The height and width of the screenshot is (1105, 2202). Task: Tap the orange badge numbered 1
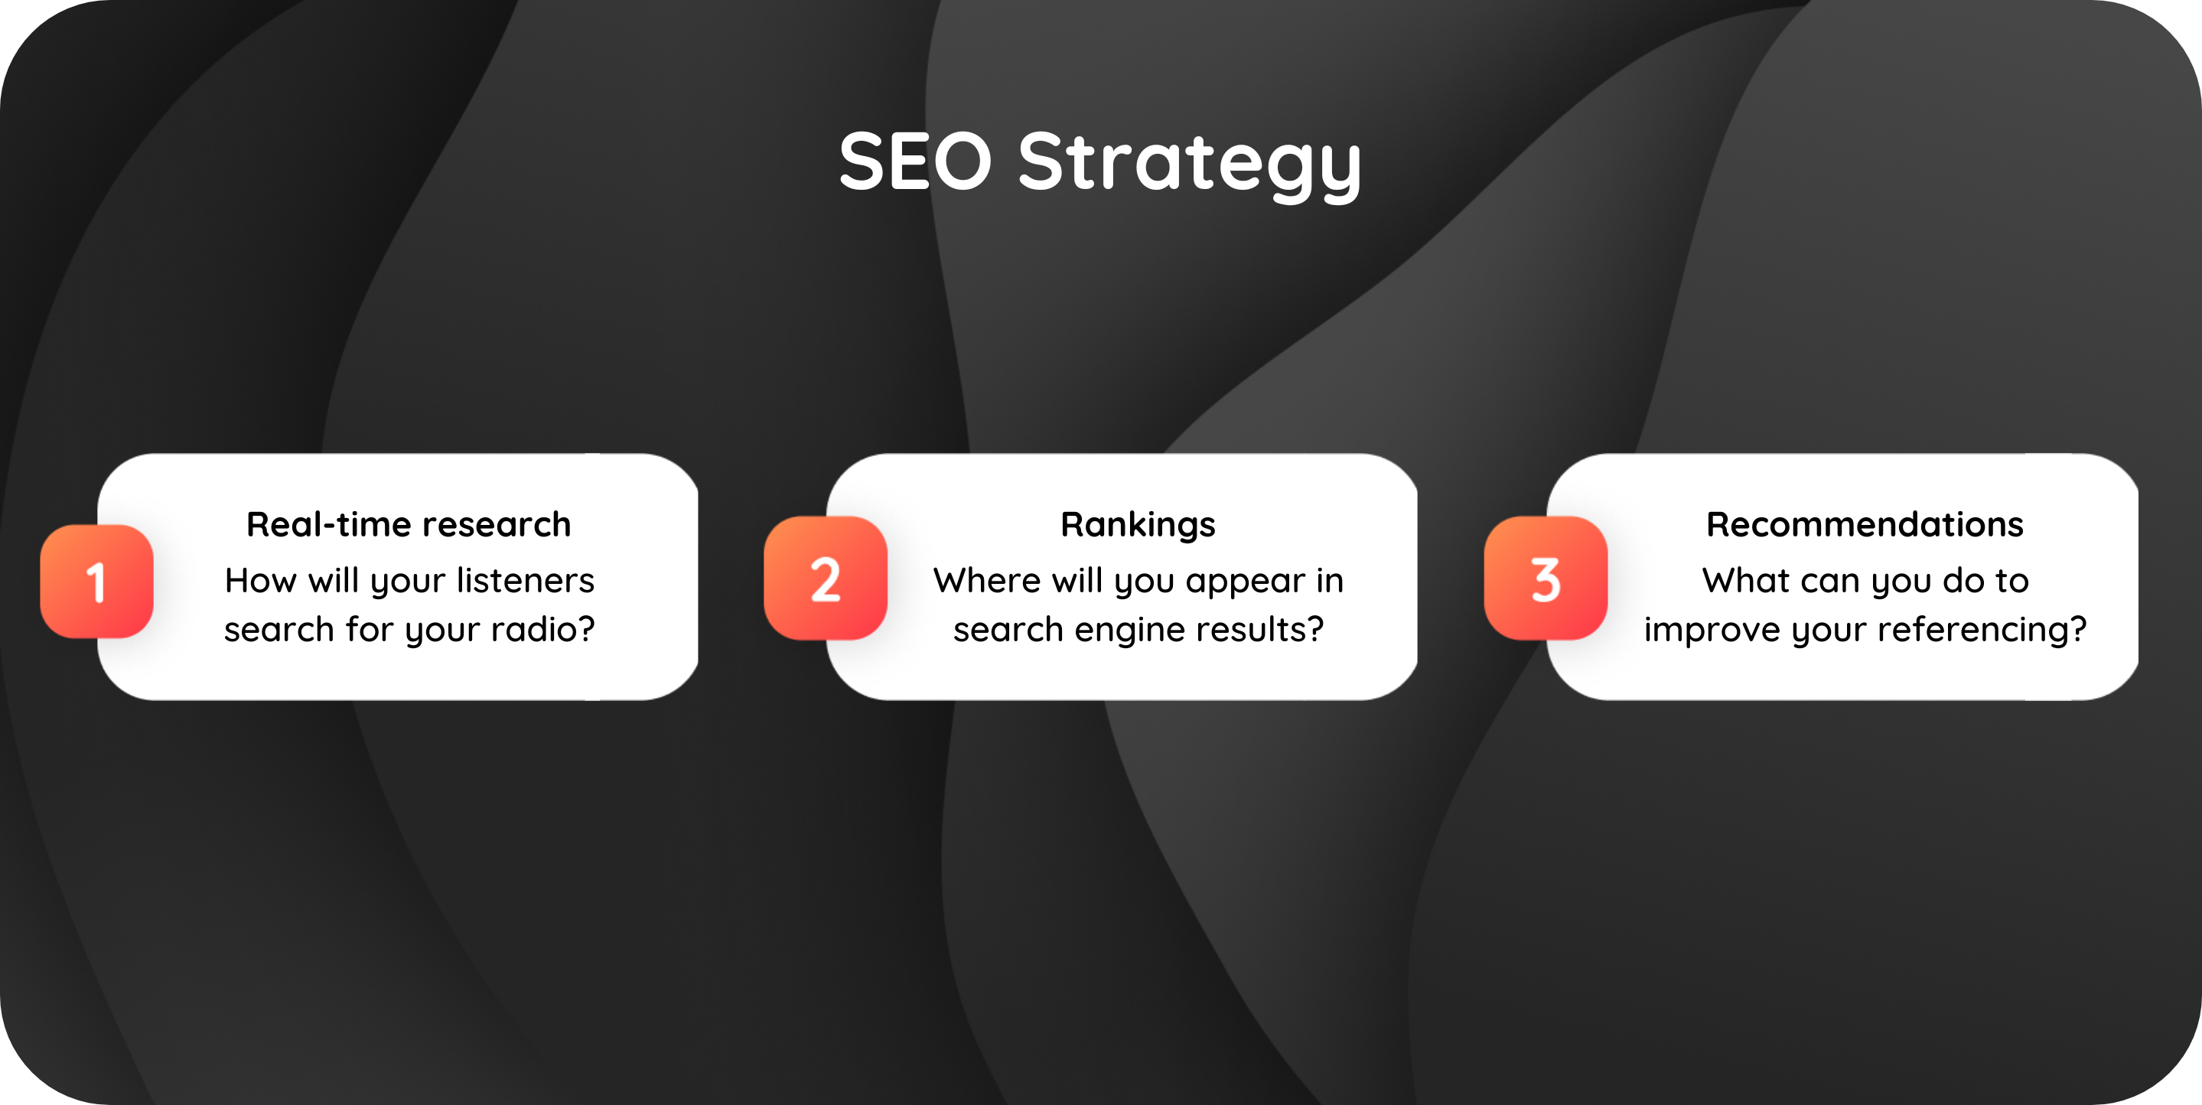click(96, 582)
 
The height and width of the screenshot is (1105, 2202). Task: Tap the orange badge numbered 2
click(826, 579)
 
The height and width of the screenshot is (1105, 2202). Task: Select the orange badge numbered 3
click(1546, 579)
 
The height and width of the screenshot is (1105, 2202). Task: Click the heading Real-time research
click(409, 524)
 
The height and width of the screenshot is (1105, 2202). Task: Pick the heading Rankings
click(1138, 525)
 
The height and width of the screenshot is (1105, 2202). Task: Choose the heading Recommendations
click(1865, 524)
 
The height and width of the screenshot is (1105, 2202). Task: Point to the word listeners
click(525, 580)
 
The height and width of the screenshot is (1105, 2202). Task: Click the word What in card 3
click(1738, 580)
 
